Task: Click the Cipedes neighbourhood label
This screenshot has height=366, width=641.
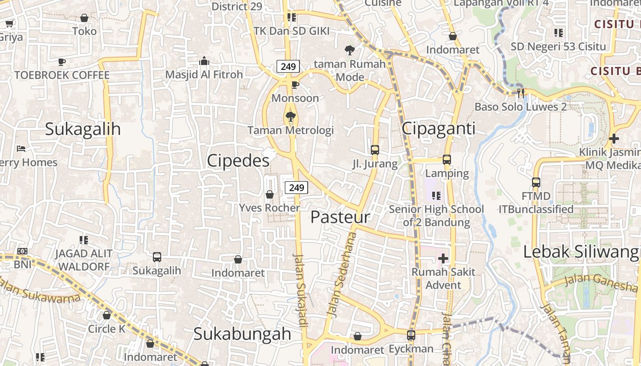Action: [238, 161]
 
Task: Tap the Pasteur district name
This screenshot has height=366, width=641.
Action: [340, 217]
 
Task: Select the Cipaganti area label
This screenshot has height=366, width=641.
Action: [439, 129]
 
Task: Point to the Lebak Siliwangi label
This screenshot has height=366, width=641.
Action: [581, 252]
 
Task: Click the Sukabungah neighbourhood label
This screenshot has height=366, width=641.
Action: [242, 334]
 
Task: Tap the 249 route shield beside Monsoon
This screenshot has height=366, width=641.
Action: [288, 66]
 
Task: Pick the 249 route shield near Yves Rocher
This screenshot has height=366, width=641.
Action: [296, 187]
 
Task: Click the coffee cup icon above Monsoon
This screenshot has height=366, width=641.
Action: [295, 85]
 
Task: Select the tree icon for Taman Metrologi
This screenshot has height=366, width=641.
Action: [290, 117]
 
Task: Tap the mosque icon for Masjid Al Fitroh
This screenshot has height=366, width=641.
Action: [204, 61]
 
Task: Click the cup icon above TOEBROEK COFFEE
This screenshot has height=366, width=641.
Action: [62, 62]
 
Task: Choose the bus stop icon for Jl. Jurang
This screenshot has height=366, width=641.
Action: [375, 150]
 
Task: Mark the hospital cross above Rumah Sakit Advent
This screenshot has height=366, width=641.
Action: [443, 258]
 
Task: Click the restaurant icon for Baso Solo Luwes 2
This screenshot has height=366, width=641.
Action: [521, 93]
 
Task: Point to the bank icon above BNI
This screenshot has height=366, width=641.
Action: [22, 251]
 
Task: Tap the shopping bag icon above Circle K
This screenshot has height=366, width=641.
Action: [107, 315]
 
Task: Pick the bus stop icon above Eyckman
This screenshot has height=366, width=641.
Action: [411, 335]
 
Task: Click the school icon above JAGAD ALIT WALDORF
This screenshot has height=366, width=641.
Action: [84, 240]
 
